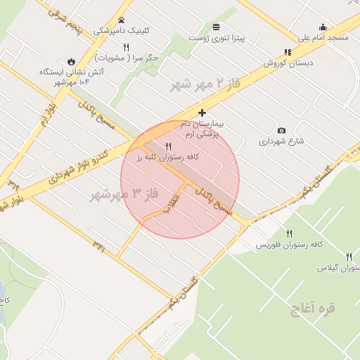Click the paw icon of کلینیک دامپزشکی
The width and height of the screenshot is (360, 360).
[122, 20]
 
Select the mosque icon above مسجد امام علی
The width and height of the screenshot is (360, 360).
[323, 27]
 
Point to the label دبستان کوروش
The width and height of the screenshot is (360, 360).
[287, 63]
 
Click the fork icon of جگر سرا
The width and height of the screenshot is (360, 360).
[127, 47]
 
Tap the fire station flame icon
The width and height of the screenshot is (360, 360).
[71, 61]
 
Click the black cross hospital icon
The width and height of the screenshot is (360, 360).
[202, 112]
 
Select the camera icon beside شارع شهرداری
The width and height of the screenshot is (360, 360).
[281, 130]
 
